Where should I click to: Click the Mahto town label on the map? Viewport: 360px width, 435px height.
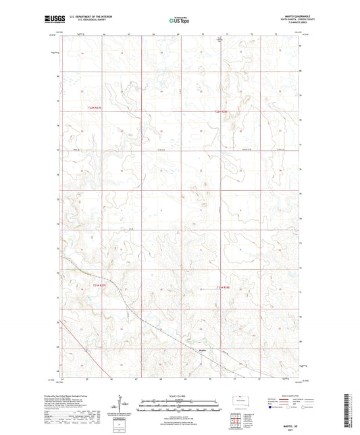pos(203,350)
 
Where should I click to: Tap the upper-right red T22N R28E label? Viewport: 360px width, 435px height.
pos(222,111)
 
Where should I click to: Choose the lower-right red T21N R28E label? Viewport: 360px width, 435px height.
pos(223,287)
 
